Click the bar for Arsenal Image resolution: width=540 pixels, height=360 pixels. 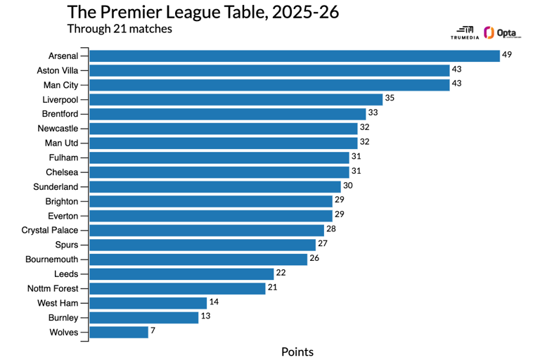pos(295,56)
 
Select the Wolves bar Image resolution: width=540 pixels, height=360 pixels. pos(119,332)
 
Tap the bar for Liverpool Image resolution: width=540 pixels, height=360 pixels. pos(236,99)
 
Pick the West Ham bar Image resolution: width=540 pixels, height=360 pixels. pos(148,303)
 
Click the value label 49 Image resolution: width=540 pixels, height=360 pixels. pos(507,55)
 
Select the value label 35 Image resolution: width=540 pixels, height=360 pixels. pos(390,98)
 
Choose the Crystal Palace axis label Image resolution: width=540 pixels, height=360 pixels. pos(50,230)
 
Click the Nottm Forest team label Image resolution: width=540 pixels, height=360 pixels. pos(55,288)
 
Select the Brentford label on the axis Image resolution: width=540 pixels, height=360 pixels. pos(60,114)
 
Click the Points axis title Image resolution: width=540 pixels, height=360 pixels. pos(297,352)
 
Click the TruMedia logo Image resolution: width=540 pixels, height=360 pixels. pos(464,33)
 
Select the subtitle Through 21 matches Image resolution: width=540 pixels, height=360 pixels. pos(120,29)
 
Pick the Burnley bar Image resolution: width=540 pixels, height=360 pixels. pos(144,317)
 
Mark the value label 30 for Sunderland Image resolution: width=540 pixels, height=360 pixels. pos(347,186)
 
